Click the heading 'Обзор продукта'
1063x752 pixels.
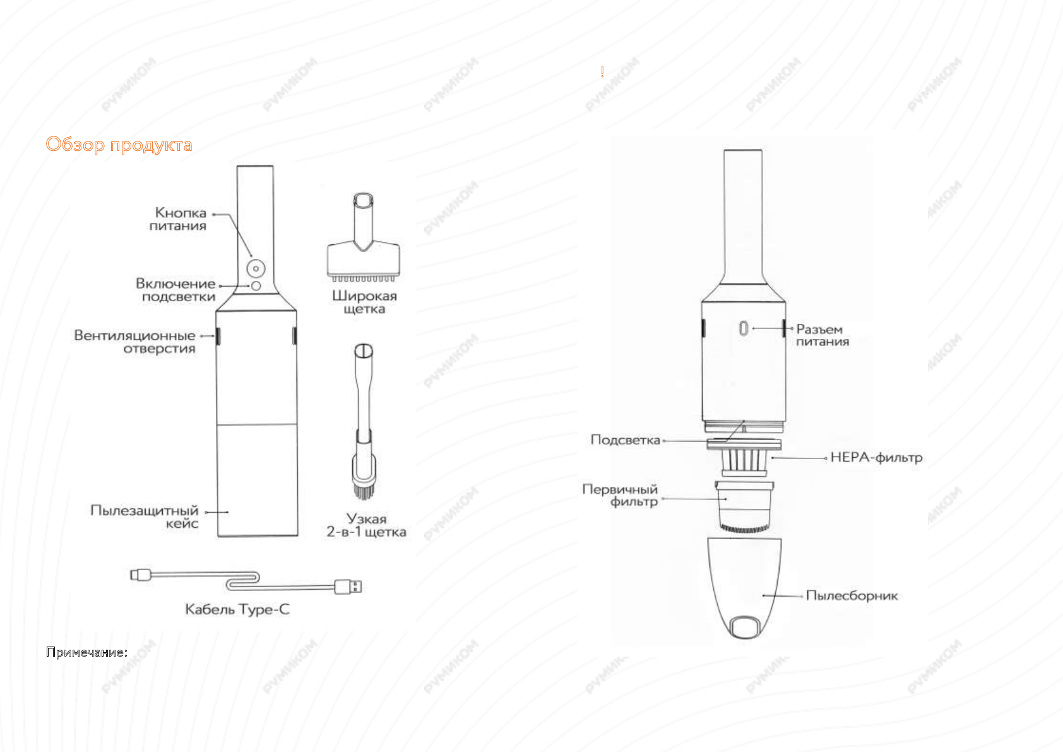(x=119, y=145)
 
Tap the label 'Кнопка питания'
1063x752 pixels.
(x=178, y=219)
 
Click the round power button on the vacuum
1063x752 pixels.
(x=256, y=269)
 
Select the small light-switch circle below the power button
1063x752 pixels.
(x=256, y=286)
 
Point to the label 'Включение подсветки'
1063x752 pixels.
(x=175, y=290)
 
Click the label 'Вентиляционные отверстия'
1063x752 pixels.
(x=135, y=342)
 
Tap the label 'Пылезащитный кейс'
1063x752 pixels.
(x=145, y=516)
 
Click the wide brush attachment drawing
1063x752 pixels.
(x=364, y=237)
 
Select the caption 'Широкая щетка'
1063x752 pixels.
(x=364, y=302)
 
